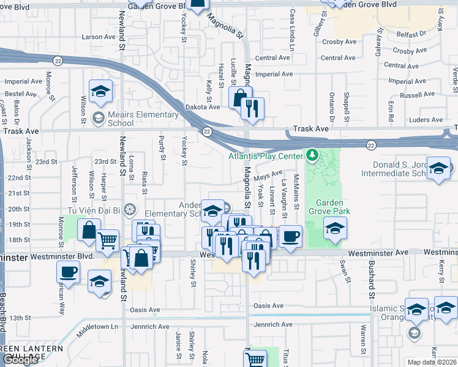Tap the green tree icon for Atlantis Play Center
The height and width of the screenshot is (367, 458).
coord(312,156)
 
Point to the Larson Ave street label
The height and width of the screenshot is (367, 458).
coord(99,37)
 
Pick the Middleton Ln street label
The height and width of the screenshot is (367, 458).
coord(97,331)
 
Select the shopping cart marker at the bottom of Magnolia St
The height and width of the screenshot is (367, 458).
coord(255,358)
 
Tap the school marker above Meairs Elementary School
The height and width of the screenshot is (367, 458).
coord(100,92)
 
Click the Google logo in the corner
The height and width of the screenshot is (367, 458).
coord(20,360)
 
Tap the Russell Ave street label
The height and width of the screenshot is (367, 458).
coord(416,95)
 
